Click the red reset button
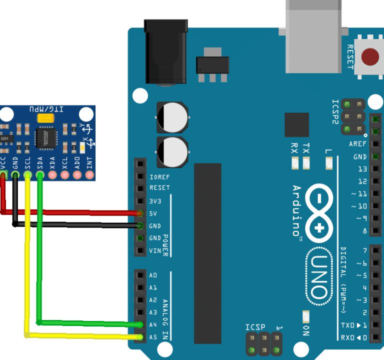[x=369, y=56]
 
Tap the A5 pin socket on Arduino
[x=140, y=337]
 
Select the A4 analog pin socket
[x=140, y=324]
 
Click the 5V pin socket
[x=140, y=213]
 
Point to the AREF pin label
[x=357, y=144]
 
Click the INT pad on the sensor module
[x=89, y=175]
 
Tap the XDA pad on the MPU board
[x=52, y=175]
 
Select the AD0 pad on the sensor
[x=77, y=175]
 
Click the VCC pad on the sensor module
[x=3, y=175]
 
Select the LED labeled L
[x=328, y=162]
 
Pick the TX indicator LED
[x=306, y=162]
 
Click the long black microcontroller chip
[x=207, y=252]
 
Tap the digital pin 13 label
[x=362, y=169]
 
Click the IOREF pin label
[x=159, y=176]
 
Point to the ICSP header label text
[x=254, y=327]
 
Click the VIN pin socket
[x=140, y=250]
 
